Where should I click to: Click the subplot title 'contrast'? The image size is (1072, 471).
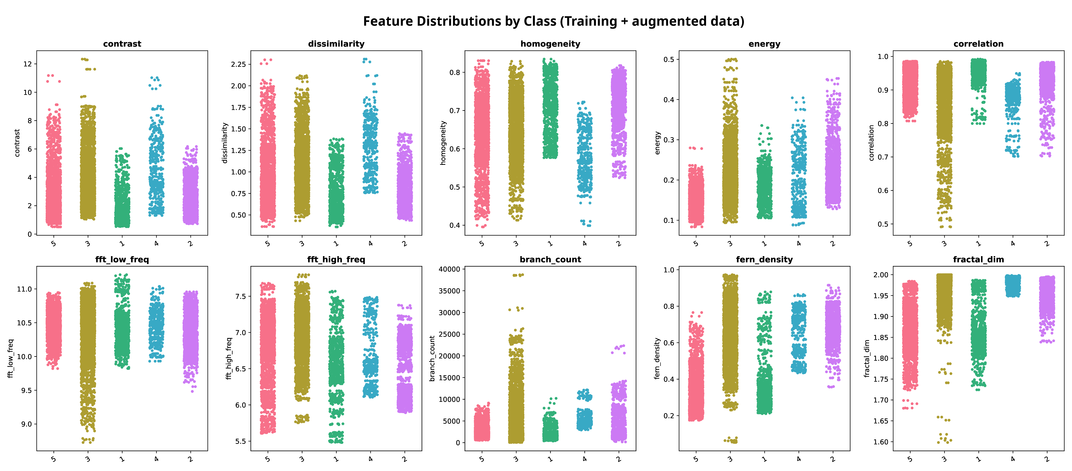122,44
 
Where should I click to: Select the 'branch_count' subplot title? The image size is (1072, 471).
550,259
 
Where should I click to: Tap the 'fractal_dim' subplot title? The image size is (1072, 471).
978,259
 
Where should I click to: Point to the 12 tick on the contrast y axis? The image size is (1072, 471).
27,64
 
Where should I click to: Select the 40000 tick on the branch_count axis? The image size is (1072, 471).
449,269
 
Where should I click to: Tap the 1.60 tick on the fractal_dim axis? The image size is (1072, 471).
881,442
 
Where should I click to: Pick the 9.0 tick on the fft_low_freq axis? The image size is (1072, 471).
26,424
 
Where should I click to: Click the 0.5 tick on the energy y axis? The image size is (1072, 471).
669,59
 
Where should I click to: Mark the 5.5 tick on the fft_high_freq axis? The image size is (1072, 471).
241,441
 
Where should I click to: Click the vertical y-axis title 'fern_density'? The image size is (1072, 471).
657,358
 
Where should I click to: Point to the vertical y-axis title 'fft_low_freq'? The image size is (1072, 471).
10,358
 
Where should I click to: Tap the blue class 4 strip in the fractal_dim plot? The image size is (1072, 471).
1013,285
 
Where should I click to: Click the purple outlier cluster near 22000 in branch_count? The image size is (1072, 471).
619,349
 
